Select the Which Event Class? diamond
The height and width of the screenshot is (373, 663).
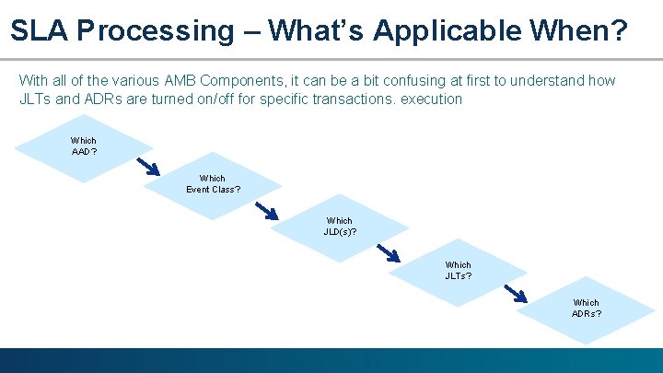pyautogui.click(x=212, y=184)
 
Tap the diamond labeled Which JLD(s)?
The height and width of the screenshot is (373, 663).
pyautogui.click(x=340, y=227)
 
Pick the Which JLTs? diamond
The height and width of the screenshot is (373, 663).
pyautogui.click(x=458, y=270)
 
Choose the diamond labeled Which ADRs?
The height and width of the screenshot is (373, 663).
pyautogui.click(x=586, y=308)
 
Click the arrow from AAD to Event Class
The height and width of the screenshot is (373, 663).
pyautogui.click(x=147, y=167)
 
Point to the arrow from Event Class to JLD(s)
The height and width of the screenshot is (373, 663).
pyautogui.click(x=266, y=211)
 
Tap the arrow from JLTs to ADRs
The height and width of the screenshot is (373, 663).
pyautogui.click(x=516, y=293)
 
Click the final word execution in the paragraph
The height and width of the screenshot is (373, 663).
pyautogui.click(x=431, y=99)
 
